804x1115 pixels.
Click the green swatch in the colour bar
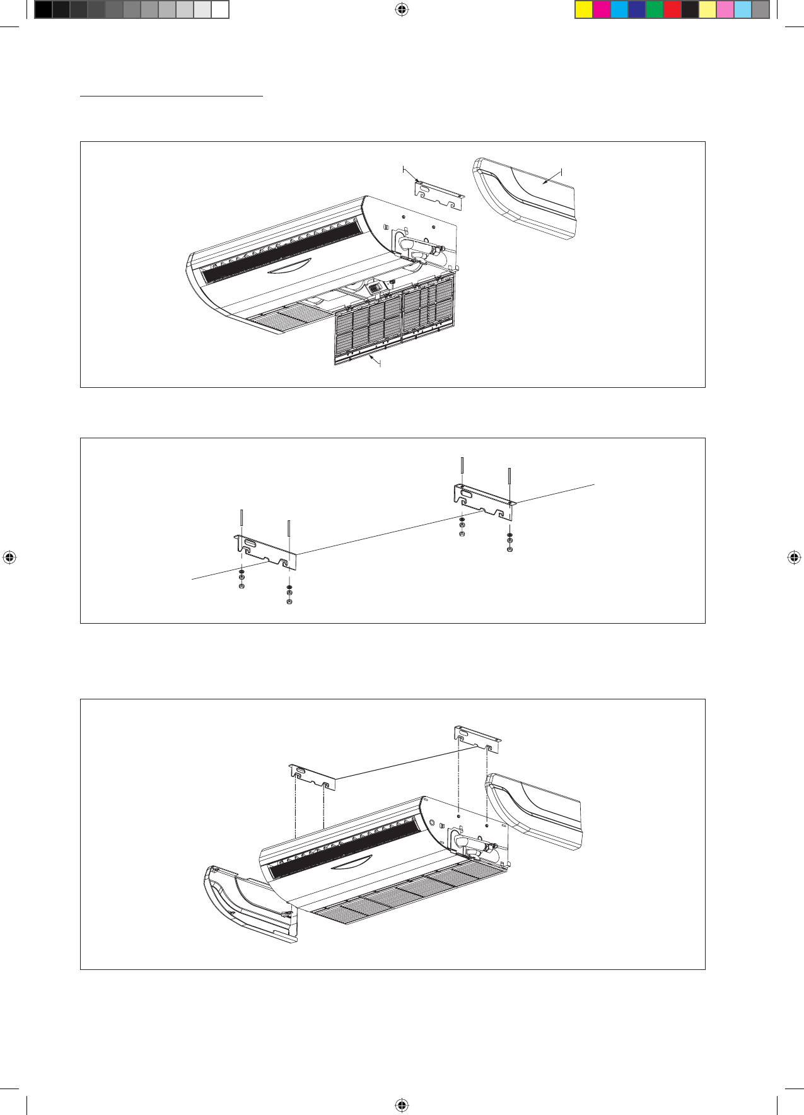click(655, 10)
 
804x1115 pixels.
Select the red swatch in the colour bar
click(672, 10)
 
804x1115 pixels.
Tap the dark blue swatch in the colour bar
click(637, 10)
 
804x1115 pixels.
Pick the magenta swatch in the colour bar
click(602, 10)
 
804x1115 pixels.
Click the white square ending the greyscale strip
click(219, 10)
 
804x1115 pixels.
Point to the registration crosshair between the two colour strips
click(402, 9)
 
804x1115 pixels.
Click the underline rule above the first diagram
click(171, 96)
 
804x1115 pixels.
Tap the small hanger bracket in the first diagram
click(439, 195)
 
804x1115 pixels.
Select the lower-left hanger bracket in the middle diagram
click(265, 549)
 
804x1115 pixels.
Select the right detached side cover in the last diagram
click(536, 810)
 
